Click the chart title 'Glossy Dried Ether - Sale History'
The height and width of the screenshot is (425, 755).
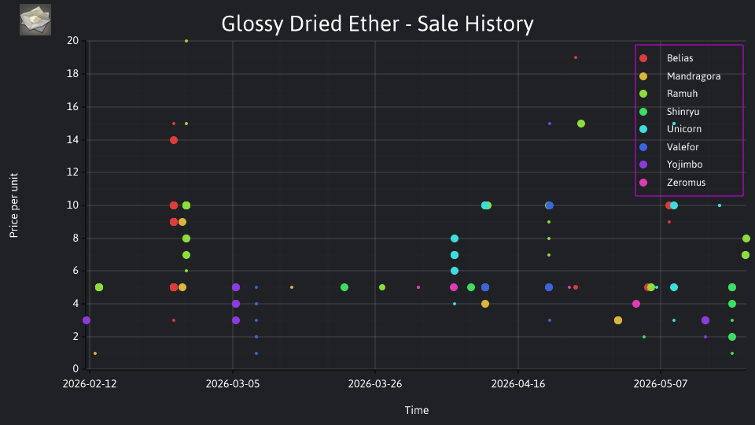pyautogui.click(x=377, y=24)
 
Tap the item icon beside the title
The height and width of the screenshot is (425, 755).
pyautogui.click(x=35, y=20)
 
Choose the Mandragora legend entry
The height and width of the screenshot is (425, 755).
pyautogui.click(x=679, y=76)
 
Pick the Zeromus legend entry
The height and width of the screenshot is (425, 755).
pyautogui.click(x=672, y=183)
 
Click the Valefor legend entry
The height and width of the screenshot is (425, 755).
pyautogui.click(x=668, y=147)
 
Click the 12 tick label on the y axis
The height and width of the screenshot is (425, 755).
pyautogui.click(x=72, y=172)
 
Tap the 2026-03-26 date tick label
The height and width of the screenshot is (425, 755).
pyautogui.click(x=375, y=384)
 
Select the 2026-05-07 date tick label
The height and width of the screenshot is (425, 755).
pyautogui.click(x=661, y=384)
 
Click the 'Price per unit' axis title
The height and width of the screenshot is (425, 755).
pyautogui.click(x=14, y=205)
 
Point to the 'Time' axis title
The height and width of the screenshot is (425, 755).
pyautogui.click(x=417, y=410)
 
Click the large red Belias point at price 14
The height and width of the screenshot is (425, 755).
pyautogui.click(x=174, y=140)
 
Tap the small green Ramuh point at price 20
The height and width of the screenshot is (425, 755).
pyautogui.click(x=186, y=41)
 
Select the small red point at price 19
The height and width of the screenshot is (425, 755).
pyautogui.click(x=576, y=57)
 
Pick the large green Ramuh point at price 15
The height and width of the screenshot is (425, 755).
pyautogui.click(x=581, y=124)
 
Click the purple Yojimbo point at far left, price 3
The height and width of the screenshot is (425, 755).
pyautogui.click(x=87, y=320)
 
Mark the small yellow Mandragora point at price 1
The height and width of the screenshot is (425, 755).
pyautogui.click(x=95, y=353)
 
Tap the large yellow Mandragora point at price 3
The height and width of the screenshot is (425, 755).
pyautogui.click(x=618, y=320)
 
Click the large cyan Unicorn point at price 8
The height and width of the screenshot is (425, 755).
pyautogui.click(x=455, y=238)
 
